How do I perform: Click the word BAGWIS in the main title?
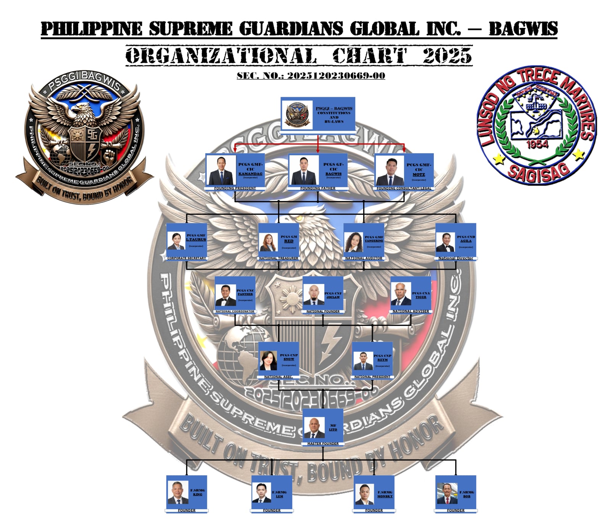click(523, 29)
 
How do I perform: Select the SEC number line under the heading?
click(311, 76)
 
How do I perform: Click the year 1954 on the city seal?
click(537, 144)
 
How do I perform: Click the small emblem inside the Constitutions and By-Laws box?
click(296, 114)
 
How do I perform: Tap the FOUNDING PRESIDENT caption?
click(235, 188)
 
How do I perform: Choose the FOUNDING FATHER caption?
click(317, 188)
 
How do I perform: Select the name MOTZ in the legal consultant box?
click(419, 174)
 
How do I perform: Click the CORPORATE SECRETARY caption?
click(187, 258)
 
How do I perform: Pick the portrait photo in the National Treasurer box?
click(268, 242)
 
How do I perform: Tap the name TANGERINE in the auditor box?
click(374, 241)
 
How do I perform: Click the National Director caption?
click(456, 258)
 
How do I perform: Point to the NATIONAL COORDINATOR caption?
click(235, 311)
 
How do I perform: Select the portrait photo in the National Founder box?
click(313, 294)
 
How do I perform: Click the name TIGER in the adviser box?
click(421, 297)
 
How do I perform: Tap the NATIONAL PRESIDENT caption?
click(372, 377)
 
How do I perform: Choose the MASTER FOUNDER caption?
click(323, 444)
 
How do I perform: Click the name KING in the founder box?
click(198, 494)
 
